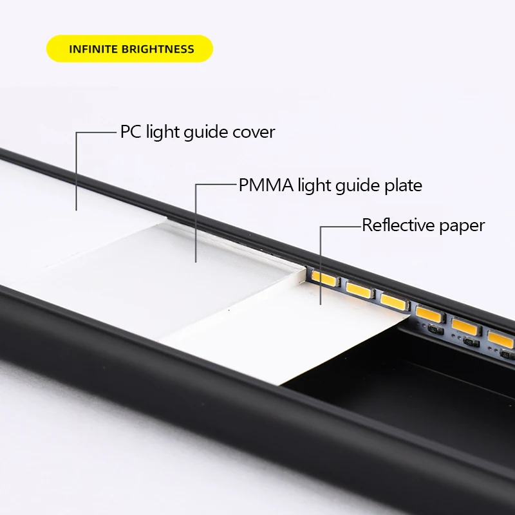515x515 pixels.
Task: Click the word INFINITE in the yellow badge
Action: point(93,50)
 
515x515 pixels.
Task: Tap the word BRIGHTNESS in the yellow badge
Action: point(158,50)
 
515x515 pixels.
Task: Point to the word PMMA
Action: point(266,185)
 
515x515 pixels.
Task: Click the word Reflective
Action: point(398,226)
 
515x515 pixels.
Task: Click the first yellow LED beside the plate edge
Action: point(325,278)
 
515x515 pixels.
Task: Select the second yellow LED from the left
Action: point(360,290)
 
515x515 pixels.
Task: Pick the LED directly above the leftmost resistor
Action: point(430,314)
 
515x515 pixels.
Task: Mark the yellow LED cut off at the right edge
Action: point(501,339)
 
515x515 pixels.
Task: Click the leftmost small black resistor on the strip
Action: point(435,330)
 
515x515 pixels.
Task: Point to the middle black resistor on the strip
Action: point(471,342)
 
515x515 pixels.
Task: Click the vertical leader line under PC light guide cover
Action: point(77,171)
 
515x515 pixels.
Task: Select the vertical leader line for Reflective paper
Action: point(321,265)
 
